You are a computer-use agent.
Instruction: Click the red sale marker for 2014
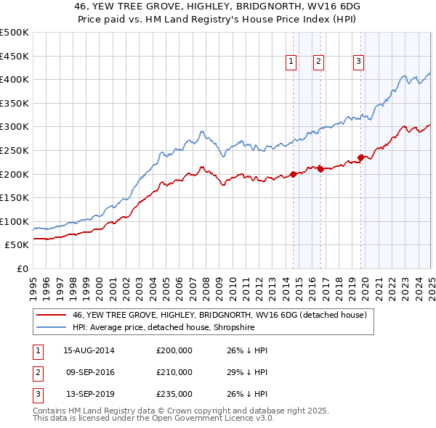[x=294, y=174]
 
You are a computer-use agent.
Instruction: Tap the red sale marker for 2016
[x=320, y=169]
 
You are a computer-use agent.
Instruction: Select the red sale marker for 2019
[x=360, y=157]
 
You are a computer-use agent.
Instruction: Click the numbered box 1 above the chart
[x=291, y=62]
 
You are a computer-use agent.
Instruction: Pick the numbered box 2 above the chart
[x=319, y=62]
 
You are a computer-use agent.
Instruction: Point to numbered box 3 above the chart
[x=359, y=62]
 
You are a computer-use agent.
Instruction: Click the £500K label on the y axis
[x=15, y=33]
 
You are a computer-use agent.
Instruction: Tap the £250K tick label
[x=15, y=150]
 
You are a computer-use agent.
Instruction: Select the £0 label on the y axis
[x=23, y=268]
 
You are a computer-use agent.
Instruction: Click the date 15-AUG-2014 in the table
[x=89, y=350]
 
